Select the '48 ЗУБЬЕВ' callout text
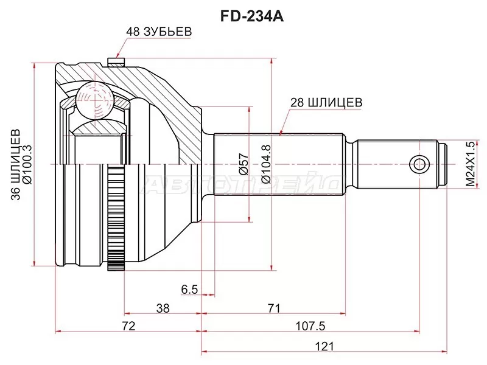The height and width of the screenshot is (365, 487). click(x=155, y=31)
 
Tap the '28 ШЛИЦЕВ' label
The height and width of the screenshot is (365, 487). click(x=326, y=103)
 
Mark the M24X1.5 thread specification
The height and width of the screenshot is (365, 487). click(x=469, y=162)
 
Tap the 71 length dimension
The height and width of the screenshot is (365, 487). click(x=273, y=308)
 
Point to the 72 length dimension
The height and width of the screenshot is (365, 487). click(x=128, y=327)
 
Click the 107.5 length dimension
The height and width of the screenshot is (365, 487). click(x=310, y=327)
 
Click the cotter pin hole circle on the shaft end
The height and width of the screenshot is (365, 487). click(x=418, y=164)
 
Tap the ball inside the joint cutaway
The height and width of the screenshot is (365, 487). click(x=92, y=97)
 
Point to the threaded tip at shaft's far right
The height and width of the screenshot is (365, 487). click(x=444, y=164)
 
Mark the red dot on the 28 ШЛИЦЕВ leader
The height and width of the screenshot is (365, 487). click(x=281, y=132)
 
